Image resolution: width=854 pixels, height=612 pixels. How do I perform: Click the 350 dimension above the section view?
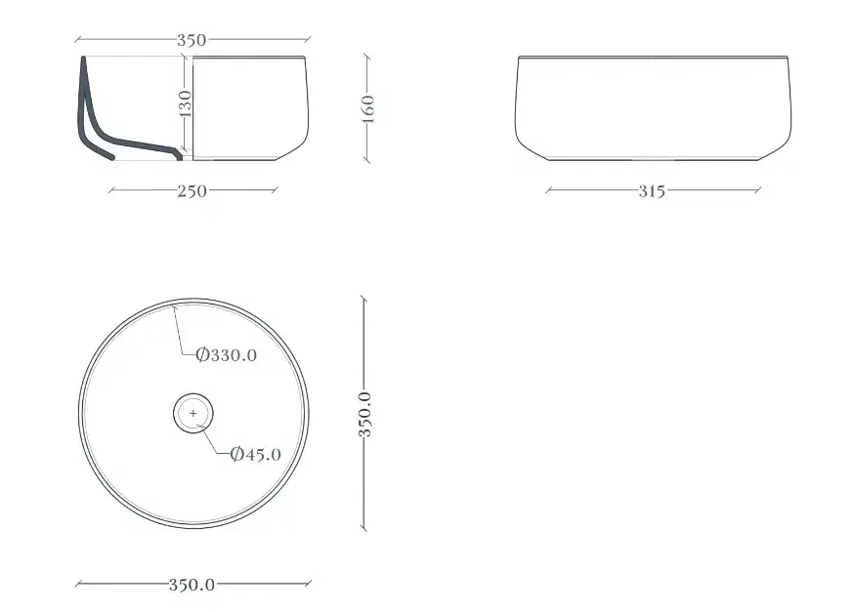tap(192, 40)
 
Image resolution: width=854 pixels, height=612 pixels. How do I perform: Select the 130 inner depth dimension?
tap(186, 103)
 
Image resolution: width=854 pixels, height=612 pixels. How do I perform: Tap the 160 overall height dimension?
tap(368, 108)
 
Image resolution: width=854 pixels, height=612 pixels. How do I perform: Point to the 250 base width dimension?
tap(192, 191)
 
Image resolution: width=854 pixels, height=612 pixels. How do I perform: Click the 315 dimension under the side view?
tap(652, 191)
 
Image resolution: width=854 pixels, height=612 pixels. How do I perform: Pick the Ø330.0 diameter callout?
tap(226, 355)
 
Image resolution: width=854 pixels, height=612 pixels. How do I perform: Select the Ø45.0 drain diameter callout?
tap(255, 454)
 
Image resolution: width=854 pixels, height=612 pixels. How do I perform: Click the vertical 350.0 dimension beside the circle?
tap(364, 414)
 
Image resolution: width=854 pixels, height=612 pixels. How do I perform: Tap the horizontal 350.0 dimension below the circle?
tap(192, 585)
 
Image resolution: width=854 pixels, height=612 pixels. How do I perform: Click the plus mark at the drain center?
tap(193, 414)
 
